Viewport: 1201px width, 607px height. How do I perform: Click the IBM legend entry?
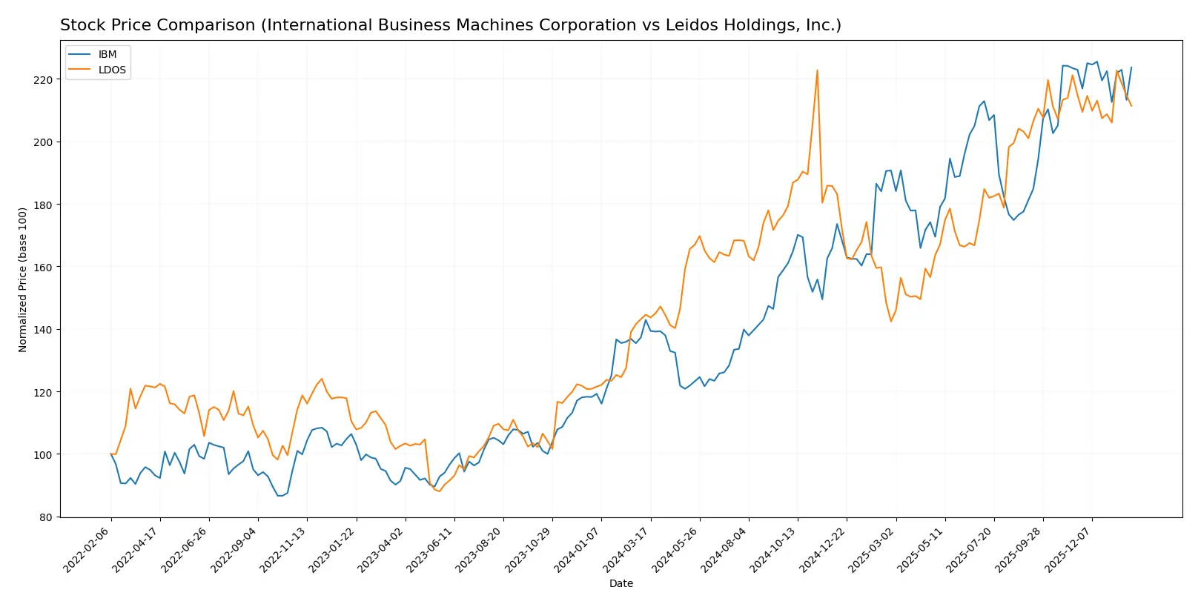pyautogui.click(x=107, y=54)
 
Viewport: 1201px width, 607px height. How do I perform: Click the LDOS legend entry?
pyautogui.click(x=112, y=70)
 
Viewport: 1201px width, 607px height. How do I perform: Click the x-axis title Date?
pyautogui.click(x=621, y=583)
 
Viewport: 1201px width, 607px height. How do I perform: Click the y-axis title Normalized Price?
pyautogui.click(x=23, y=279)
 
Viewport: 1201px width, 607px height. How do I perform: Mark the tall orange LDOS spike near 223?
pyautogui.click(x=817, y=70)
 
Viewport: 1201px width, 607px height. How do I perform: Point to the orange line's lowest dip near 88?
pyautogui.click(x=440, y=491)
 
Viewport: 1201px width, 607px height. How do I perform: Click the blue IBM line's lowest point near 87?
pyautogui.click(x=280, y=495)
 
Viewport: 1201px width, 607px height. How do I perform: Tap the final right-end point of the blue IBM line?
pyautogui.click(x=1131, y=67)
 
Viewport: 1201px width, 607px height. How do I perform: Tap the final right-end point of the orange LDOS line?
pyautogui.click(x=1131, y=106)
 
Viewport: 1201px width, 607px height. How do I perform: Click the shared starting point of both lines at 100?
pyautogui.click(x=111, y=454)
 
